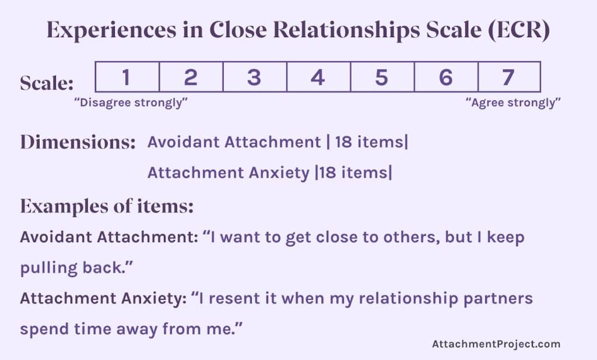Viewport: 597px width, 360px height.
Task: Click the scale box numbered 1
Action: click(x=127, y=77)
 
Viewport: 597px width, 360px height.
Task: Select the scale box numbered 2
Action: click(x=191, y=77)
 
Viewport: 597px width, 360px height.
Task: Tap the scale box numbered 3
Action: click(x=254, y=77)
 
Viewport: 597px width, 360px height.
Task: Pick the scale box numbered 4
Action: click(x=318, y=77)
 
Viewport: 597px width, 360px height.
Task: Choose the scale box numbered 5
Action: click(x=381, y=77)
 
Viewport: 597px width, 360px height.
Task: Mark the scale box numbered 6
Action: click(x=445, y=77)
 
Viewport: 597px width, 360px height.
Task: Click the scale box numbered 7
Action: click(x=508, y=77)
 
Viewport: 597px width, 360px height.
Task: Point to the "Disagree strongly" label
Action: click(x=131, y=103)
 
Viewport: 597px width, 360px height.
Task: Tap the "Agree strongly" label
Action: click(x=513, y=103)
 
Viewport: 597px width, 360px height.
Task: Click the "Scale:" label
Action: click(x=47, y=84)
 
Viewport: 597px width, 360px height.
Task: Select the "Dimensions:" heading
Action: click(x=78, y=143)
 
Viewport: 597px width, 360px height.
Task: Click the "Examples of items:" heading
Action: click(x=107, y=206)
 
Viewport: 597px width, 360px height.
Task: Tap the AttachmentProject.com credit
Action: click(x=496, y=344)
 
